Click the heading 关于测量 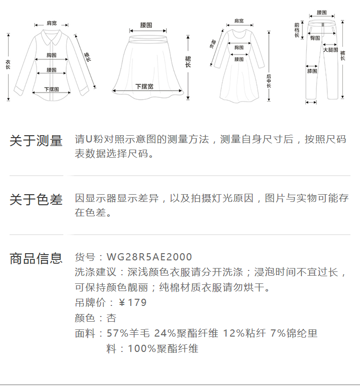[36, 141]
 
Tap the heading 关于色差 [36, 199]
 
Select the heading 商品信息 [36, 258]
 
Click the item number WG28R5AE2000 [149, 257]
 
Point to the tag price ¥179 [132, 303]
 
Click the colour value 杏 [111, 318]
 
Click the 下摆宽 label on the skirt [144, 87]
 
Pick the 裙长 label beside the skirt [188, 62]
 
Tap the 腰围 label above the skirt [146, 25]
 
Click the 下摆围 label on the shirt [51, 89]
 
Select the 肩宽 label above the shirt [51, 23]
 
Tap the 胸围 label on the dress [239, 47]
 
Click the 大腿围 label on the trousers [330, 50]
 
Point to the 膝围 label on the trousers [312, 71]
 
